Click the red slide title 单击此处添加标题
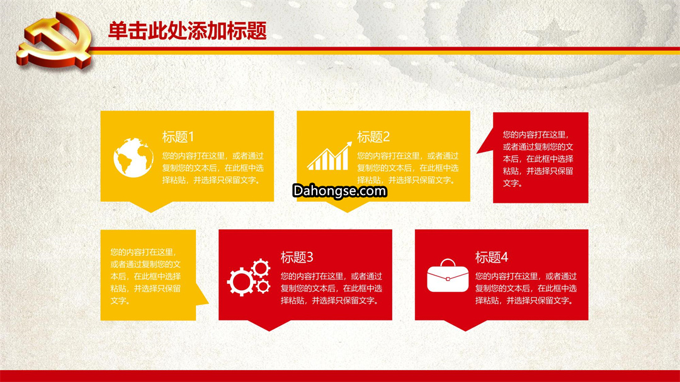pyautogui.click(x=187, y=31)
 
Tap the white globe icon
pyautogui.click(x=133, y=157)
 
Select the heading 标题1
pyautogui.click(x=178, y=137)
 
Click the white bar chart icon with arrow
pyautogui.click(x=329, y=156)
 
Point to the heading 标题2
pyautogui.click(x=373, y=137)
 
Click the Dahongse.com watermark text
pyautogui.click(x=339, y=191)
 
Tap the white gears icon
pyautogui.click(x=249, y=278)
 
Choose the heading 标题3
pyautogui.click(x=297, y=257)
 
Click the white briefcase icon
pyautogui.click(x=448, y=276)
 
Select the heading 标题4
pyautogui.click(x=491, y=257)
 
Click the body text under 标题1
pyautogui.click(x=213, y=168)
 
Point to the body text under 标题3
pyautogui.click(x=331, y=288)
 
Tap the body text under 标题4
pyautogui.click(x=526, y=288)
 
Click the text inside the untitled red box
pyautogui.click(x=538, y=159)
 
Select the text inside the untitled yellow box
pyautogui.click(x=145, y=277)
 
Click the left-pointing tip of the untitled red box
pyautogui.click(x=477, y=153)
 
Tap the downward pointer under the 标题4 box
pyautogui.click(x=465, y=330)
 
